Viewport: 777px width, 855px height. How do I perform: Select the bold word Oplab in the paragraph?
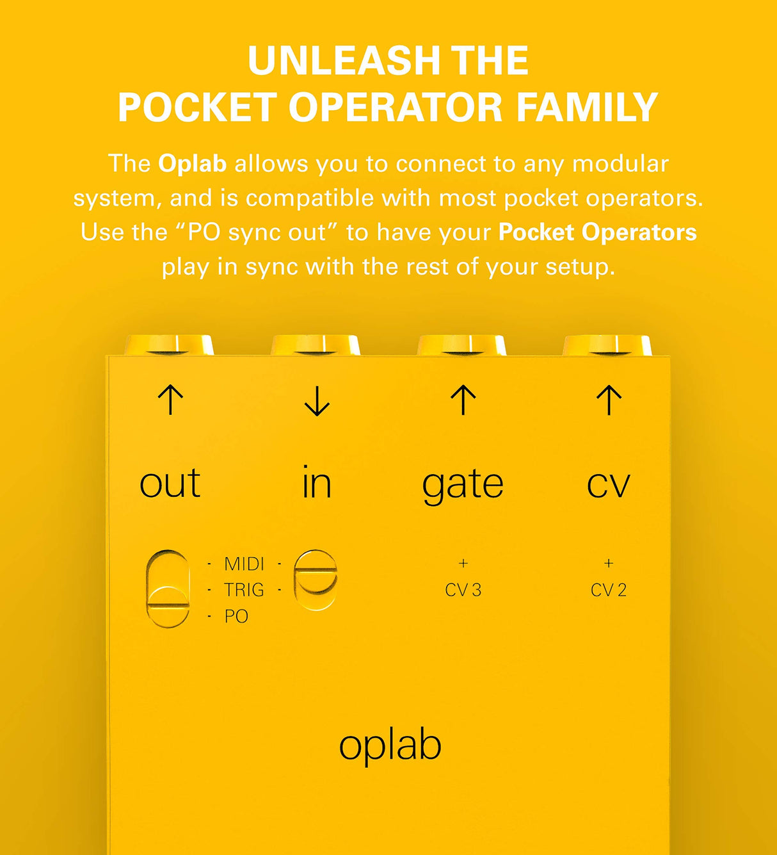tap(192, 163)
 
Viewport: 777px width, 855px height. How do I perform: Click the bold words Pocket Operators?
tap(597, 232)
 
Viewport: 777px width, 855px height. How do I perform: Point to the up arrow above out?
tap(170, 400)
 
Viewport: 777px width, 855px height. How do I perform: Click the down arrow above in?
tap(317, 401)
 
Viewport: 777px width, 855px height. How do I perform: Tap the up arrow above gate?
tap(463, 400)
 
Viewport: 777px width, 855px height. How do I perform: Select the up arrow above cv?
tap(609, 400)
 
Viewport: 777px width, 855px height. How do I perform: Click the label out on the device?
tap(170, 484)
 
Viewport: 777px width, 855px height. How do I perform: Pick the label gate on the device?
tap(463, 485)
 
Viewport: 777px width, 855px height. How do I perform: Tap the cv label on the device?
tap(609, 485)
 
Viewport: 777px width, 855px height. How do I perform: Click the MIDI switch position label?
tap(244, 564)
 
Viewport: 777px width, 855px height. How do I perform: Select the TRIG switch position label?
tap(244, 590)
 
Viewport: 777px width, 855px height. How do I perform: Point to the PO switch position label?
tap(236, 616)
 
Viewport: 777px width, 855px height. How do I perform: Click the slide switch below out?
tap(168, 588)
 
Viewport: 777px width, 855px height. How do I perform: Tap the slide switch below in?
tap(316, 580)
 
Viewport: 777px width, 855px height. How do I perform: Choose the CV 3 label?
tap(463, 590)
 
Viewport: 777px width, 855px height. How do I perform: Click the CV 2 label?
tap(609, 590)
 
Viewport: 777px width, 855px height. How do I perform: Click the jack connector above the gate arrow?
tap(462, 345)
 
